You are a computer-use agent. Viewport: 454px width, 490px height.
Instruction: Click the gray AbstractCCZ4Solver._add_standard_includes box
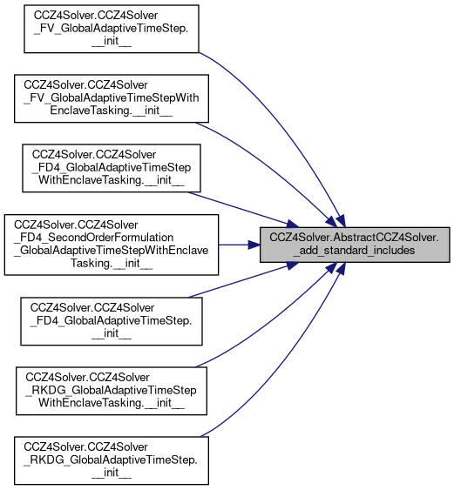[x=355, y=245]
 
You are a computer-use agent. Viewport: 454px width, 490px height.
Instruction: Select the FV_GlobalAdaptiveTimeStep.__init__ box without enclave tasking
[x=112, y=29]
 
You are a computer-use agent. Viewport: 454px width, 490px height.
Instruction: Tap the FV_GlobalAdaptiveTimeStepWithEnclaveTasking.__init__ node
[x=112, y=98]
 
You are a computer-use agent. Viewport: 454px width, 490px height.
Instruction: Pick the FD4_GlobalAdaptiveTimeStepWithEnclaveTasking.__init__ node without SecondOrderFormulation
[x=112, y=168]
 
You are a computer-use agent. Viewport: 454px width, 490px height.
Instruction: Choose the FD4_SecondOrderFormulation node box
[x=112, y=245]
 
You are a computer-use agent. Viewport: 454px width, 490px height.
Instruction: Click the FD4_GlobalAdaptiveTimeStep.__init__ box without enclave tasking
[x=112, y=321]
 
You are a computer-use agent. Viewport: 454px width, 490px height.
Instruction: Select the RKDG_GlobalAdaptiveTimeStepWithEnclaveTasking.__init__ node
[x=112, y=391]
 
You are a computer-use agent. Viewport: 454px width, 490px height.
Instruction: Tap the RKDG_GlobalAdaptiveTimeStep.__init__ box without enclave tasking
[x=112, y=460]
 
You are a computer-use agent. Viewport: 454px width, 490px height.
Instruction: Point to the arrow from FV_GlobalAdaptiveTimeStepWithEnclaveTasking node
[x=272, y=169]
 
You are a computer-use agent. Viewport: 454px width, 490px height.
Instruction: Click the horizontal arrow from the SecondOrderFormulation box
[x=240, y=245]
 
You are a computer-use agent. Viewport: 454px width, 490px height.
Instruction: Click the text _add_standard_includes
[x=354, y=251]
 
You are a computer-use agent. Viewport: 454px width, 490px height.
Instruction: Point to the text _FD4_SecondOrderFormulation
[x=93, y=238]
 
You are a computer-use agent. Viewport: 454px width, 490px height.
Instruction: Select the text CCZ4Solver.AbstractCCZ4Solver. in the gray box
[x=354, y=238]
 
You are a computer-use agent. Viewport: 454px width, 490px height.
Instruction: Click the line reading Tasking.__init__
[x=112, y=264]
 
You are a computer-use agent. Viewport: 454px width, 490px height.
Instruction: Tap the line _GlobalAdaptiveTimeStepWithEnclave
[x=111, y=251]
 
